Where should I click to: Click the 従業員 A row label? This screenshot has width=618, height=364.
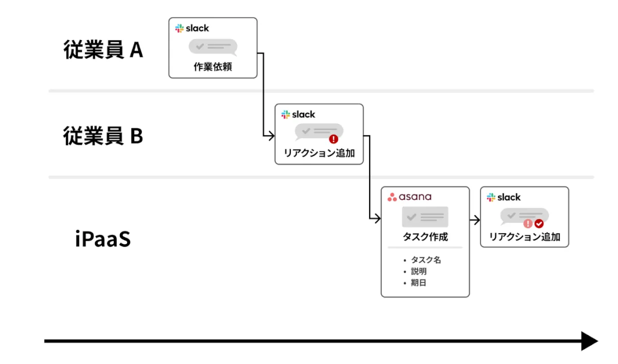click(x=103, y=50)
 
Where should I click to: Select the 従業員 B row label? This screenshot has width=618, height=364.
click(x=103, y=136)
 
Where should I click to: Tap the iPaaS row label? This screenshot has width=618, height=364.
click(x=102, y=240)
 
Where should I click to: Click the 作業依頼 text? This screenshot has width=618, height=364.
click(x=213, y=67)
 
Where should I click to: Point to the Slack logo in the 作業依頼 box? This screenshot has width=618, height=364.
click(x=192, y=28)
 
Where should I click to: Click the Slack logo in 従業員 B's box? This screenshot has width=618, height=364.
click(x=298, y=114)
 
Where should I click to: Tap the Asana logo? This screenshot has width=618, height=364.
click(x=409, y=197)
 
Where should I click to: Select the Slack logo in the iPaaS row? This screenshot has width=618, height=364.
click(x=504, y=197)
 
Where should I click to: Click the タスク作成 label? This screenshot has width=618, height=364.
click(x=425, y=237)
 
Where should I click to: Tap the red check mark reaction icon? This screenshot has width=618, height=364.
click(x=539, y=224)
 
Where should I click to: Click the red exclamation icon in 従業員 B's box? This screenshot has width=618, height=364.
click(x=334, y=139)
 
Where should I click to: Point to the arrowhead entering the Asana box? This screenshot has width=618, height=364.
click(x=377, y=219)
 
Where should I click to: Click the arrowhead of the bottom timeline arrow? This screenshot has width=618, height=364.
click(x=589, y=341)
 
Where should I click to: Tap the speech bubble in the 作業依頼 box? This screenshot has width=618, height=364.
click(x=213, y=47)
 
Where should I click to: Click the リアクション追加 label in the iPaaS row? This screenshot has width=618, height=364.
click(x=524, y=238)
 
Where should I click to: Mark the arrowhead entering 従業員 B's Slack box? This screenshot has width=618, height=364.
click(x=271, y=136)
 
